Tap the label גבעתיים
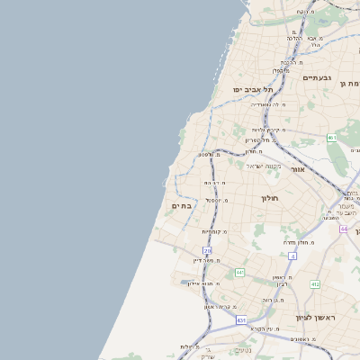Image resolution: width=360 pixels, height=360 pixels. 318,78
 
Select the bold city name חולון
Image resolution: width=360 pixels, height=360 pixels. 270,197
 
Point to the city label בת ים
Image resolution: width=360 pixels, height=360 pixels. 180,206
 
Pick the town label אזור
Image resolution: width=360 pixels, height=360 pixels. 298,168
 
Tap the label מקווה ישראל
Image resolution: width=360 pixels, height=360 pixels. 263,165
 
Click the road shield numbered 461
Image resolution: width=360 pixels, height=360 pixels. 331,138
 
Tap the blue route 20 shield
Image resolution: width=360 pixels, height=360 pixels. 207,250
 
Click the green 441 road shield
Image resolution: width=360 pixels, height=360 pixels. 240,272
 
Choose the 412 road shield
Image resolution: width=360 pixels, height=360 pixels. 315,284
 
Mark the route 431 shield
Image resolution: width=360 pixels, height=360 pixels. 241,319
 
